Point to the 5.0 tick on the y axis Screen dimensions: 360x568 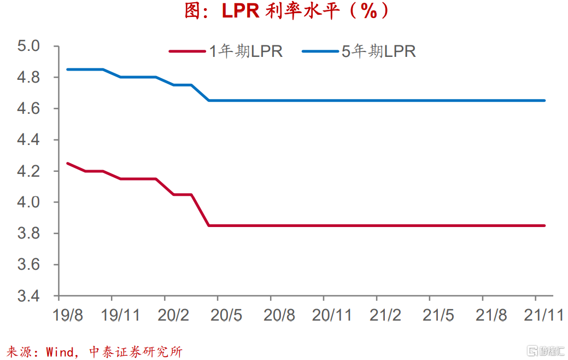coord(29,46)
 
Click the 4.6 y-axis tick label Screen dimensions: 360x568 coord(29,109)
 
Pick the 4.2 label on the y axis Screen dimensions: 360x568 coord(29,171)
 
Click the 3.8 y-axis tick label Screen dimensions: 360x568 coord(29,234)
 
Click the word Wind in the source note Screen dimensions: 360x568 coord(60,351)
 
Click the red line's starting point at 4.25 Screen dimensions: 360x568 coord(67,163)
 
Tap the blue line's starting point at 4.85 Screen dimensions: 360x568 coord(67,69)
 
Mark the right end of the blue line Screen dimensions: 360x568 coord(544,101)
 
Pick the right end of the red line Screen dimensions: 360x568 coord(544,225)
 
